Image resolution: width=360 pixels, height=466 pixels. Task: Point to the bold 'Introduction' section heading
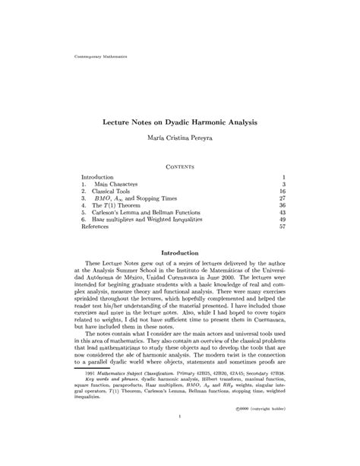click(x=180, y=252)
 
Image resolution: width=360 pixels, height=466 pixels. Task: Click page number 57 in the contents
click(x=281, y=227)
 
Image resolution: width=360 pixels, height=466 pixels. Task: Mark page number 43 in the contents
click(x=281, y=214)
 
